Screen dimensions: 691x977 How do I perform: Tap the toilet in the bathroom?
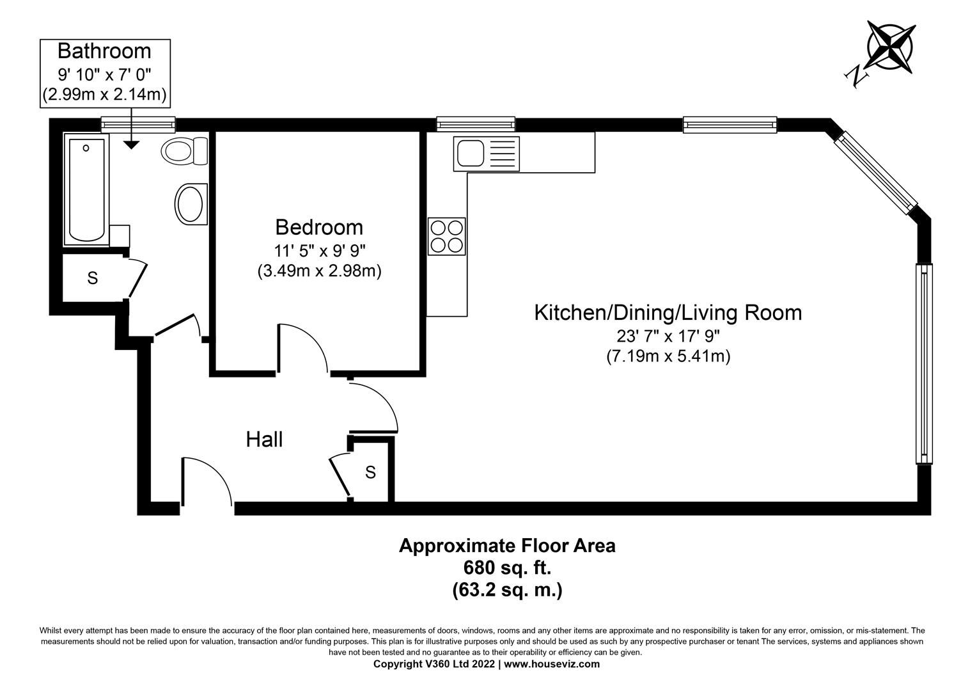184,152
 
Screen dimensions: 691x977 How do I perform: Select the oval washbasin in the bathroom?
191,204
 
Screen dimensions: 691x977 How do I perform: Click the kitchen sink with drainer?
486,154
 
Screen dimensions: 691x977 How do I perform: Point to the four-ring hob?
446,236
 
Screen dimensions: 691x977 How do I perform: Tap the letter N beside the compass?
857,77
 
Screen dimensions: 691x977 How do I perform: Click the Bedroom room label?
319,227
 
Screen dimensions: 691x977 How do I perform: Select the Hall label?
264,440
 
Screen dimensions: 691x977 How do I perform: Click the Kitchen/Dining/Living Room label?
668,313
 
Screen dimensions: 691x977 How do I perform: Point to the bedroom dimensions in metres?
319,271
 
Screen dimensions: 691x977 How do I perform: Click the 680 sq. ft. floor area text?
507,568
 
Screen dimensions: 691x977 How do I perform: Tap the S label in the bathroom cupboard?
93,278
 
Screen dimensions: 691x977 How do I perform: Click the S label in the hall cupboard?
370,473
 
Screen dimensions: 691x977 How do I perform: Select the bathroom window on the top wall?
138,122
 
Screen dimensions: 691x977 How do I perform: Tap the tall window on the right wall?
923,363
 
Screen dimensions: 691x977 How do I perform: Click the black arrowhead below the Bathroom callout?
130,145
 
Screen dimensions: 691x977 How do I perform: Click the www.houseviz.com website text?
552,664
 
